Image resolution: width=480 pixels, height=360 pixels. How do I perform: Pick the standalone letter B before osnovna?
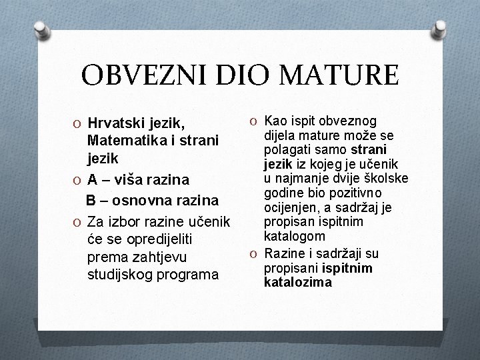(91, 199)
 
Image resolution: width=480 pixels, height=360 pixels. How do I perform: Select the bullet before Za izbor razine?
(79, 220)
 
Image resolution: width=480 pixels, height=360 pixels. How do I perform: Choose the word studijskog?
(121, 275)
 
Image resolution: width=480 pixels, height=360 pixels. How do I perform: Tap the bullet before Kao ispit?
(255, 121)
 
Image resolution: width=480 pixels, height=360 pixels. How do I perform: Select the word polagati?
(288, 148)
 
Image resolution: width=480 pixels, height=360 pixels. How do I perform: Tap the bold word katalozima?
(298, 282)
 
